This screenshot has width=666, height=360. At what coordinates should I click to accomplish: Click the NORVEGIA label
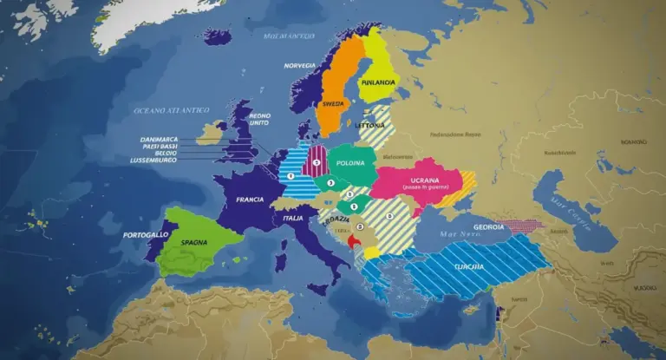click(x=299, y=66)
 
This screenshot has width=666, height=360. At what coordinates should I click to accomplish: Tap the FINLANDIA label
click(x=377, y=82)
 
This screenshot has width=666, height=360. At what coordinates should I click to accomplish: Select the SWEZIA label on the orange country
click(x=335, y=101)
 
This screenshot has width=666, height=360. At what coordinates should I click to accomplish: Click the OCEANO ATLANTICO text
click(x=171, y=110)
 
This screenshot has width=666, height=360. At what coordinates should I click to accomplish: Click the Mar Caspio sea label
click(x=566, y=212)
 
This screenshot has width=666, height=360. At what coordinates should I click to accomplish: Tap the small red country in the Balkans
click(x=351, y=243)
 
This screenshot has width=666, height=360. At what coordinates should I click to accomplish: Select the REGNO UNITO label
click(x=259, y=119)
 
